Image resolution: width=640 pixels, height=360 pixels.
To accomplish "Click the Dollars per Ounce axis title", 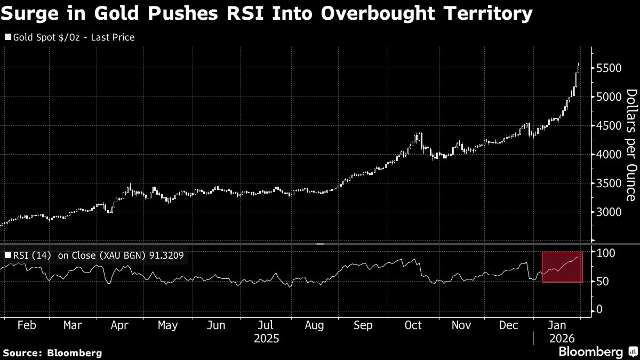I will click(630, 145).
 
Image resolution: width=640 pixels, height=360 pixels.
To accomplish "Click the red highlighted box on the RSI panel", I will click(563, 267).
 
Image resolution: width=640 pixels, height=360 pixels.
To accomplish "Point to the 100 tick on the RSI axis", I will click(606, 252).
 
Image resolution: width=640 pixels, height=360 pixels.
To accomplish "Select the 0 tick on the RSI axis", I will click(600, 310).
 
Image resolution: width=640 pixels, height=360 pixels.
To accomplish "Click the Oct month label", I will click(413, 325).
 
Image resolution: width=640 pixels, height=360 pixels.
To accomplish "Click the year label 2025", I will click(267, 338).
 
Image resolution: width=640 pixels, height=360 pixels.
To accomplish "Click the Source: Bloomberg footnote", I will click(52, 353).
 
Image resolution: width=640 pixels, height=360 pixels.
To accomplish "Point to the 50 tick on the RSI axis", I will click(603, 281).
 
